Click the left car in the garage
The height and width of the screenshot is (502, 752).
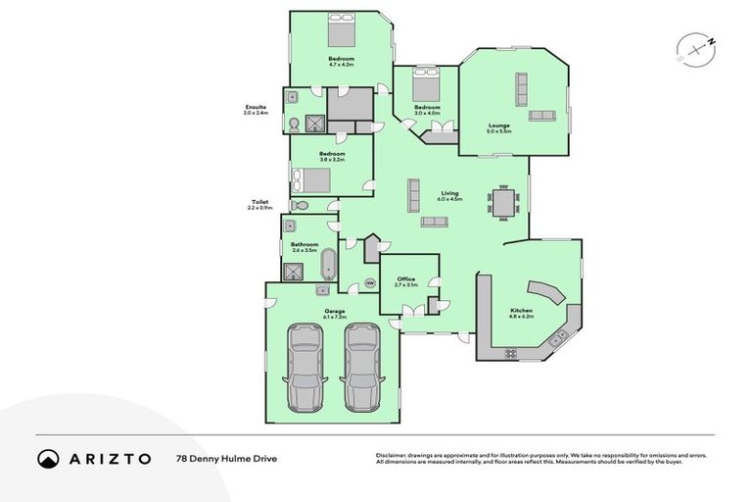(305, 369)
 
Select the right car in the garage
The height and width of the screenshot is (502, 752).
(359, 369)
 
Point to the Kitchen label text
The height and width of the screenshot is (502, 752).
(521, 311)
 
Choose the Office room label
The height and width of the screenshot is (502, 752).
(405, 281)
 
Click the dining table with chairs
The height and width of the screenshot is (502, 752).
(504, 202)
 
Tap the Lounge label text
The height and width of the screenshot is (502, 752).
(498, 125)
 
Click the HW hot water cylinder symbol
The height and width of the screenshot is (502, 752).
(369, 283)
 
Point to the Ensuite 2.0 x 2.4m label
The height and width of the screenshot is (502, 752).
(255, 110)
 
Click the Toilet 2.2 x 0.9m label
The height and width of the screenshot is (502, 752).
(259, 205)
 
